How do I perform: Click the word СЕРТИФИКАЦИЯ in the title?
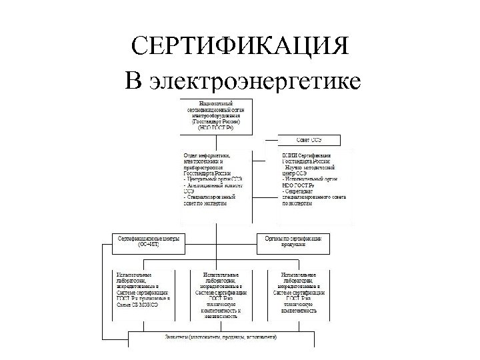pos(240,47)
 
